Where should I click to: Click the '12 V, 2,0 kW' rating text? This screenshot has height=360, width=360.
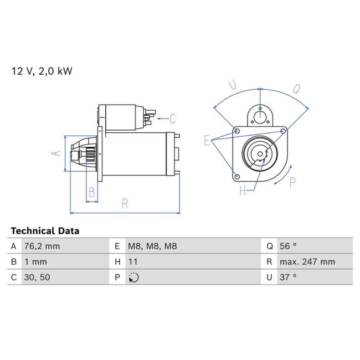(x=42, y=71)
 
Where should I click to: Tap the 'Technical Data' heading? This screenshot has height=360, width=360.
(x=45, y=231)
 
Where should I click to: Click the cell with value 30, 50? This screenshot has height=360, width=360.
(x=36, y=277)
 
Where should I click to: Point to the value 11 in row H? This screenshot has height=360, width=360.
(x=133, y=261)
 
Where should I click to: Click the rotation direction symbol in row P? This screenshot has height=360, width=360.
(x=133, y=277)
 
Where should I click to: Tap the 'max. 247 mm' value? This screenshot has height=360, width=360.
(x=307, y=261)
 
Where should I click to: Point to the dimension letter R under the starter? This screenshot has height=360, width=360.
(x=125, y=204)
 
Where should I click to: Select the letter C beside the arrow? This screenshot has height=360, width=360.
(x=172, y=118)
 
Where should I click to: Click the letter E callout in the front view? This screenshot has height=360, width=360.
(x=207, y=140)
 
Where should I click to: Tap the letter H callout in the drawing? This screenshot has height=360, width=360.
(x=243, y=191)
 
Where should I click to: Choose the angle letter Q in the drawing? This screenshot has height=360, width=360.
(x=297, y=89)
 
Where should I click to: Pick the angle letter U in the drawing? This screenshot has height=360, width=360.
(x=233, y=85)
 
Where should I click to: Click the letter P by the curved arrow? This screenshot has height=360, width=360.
(x=292, y=182)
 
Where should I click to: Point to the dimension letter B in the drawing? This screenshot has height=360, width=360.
(x=92, y=193)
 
